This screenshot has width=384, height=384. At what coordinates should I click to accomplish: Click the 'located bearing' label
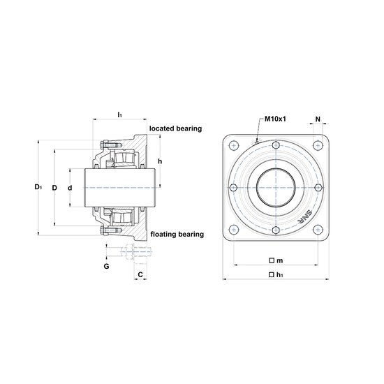tap(175, 128)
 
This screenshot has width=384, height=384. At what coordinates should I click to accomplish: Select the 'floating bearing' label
tap(177, 235)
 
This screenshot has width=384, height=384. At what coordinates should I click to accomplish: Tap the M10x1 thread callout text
tap(275, 119)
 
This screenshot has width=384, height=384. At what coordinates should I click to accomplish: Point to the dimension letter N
tap(318, 119)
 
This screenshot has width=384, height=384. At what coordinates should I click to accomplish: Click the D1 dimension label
tap(38, 187)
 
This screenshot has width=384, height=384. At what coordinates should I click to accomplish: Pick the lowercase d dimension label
tap(70, 188)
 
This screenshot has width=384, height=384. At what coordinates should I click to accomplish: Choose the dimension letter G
tap(106, 266)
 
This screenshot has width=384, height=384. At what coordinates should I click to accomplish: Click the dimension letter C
tap(140, 274)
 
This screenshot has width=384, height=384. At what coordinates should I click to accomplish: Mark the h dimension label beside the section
tap(160, 161)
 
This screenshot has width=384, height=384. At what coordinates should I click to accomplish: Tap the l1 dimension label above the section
tap(120, 115)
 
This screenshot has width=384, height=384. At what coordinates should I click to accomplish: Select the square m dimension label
tap(276, 260)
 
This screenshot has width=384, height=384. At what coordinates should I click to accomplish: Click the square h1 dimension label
tap(276, 275)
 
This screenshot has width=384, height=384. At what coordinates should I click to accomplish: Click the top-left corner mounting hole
tap(234, 146)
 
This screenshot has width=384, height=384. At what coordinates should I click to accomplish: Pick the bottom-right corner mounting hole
tap(318, 230)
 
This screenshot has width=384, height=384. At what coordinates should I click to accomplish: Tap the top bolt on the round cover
tap(276, 145)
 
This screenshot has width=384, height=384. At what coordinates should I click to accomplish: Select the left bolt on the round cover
tap(234, 188)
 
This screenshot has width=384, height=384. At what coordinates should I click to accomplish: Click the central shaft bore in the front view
tap(276, 188)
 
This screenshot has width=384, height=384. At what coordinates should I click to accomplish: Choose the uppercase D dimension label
tap(54, 188)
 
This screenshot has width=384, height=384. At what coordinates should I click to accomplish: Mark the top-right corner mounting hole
tap(318, 146)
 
